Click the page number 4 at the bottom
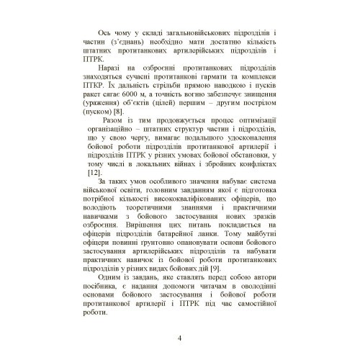click(179, 339)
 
